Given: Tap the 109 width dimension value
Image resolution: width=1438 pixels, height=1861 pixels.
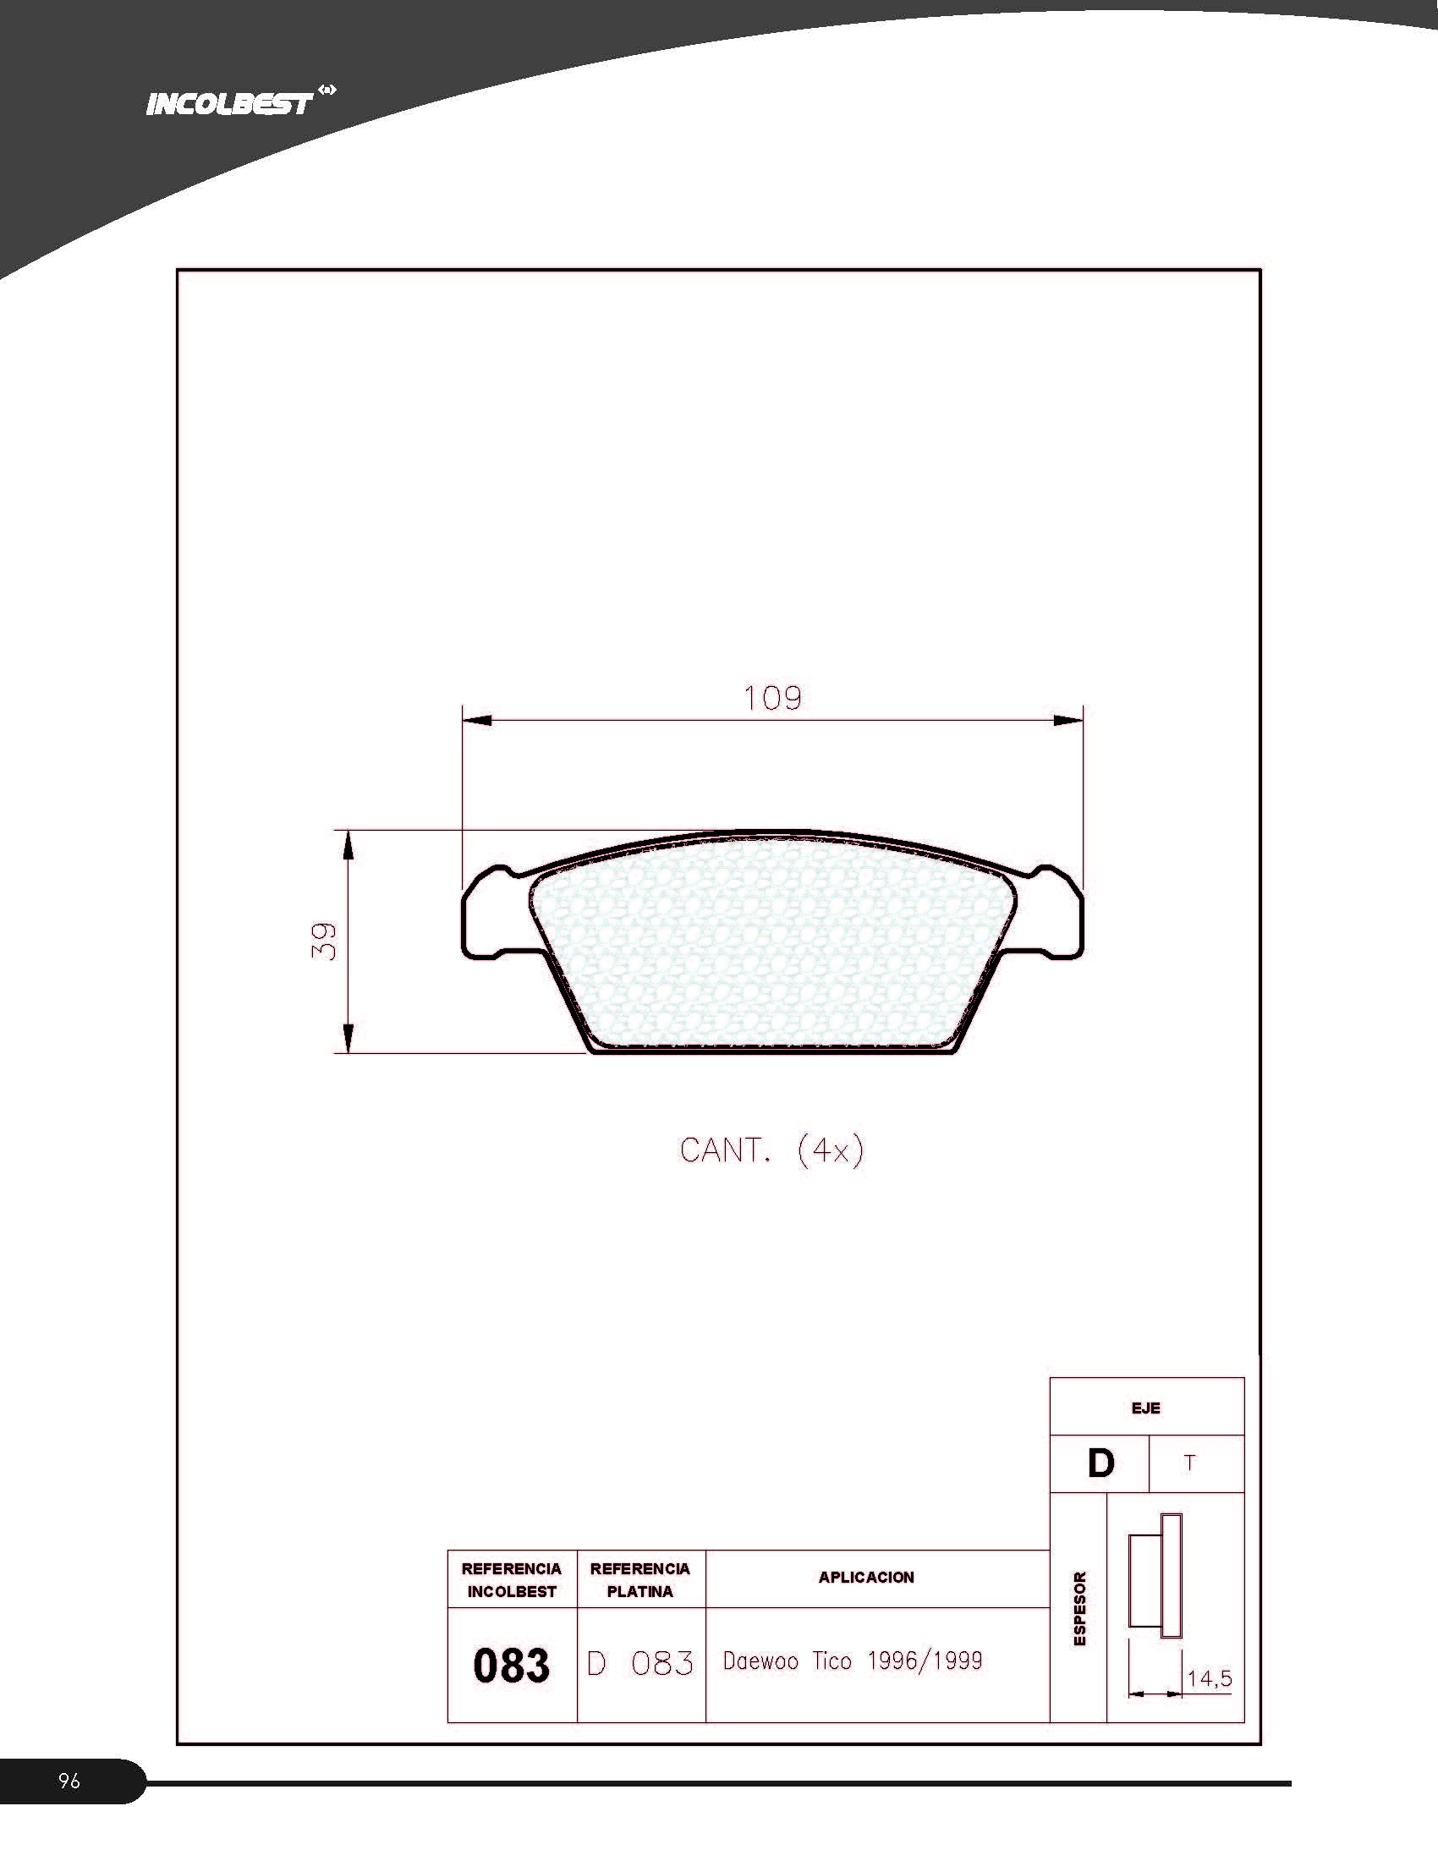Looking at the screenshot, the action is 772,699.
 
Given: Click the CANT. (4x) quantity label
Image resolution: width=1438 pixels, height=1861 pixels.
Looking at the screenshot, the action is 771,1150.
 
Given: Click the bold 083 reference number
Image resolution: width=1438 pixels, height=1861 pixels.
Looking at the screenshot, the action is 511,1665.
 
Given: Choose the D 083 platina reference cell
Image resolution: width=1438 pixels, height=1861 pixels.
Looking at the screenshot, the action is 640,1664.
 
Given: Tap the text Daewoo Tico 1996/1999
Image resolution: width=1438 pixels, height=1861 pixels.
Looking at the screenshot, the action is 853,1661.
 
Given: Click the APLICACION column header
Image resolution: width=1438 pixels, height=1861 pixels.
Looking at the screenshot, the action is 866,1578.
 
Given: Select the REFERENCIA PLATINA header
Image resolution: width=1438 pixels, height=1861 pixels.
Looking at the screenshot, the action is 640,1580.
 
